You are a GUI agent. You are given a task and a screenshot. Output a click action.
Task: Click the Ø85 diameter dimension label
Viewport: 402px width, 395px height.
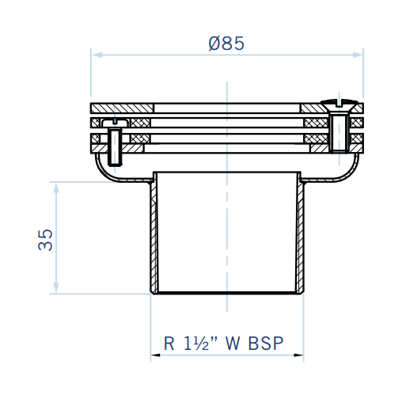pyautogui.click(x=226, y=44)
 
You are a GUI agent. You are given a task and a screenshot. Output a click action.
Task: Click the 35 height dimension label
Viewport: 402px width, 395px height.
pyautogui.click(x=45, y=240)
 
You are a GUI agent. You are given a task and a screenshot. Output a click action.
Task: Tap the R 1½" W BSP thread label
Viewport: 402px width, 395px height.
pyautogui.click(x=223, y=344)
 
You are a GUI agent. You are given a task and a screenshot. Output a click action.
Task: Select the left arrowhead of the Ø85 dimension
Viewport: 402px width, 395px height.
pyautogui.click(x=97, y=55)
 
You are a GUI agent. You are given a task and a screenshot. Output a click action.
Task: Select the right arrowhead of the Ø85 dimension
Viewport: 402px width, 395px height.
pyautogui.click(x=358, y=55)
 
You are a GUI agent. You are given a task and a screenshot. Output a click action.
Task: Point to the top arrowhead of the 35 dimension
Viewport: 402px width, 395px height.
pyautogui.click(x=56, y=188)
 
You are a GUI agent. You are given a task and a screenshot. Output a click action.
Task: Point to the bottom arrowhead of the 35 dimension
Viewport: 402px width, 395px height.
pyautogui.click(x=56, y=288)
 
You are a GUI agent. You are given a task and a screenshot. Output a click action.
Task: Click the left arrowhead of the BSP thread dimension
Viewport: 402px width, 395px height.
pyautogui.click(x=155, y=355)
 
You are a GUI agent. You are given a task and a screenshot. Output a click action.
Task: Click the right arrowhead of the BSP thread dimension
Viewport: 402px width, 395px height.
pyautogui.click(x=299, y=355)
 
